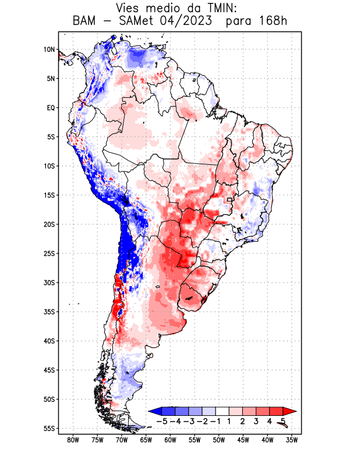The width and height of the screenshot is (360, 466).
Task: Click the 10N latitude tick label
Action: click(49, 50)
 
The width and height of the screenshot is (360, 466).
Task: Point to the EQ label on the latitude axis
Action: click(50, 108)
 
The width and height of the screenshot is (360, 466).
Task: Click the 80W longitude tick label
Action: click(73, 440)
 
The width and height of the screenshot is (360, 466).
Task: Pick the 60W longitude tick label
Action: click(170, 440)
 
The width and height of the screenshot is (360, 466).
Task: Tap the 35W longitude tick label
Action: click(292, 440)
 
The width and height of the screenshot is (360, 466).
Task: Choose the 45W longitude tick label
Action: click(243, 440)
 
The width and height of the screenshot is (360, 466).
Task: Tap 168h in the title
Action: click(272, 22)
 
